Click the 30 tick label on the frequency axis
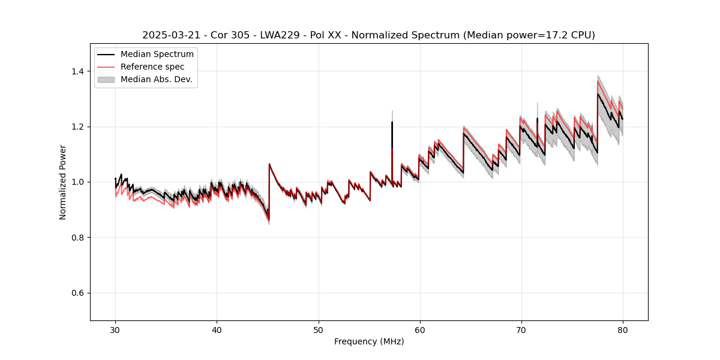coord(115,329)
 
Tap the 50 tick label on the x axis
coord(318,329)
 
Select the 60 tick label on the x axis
coord(419,329)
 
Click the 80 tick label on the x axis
coord(623,329)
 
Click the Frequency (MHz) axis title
coord(369,341)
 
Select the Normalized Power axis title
coord(63,182)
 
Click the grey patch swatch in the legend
coord(106,79)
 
